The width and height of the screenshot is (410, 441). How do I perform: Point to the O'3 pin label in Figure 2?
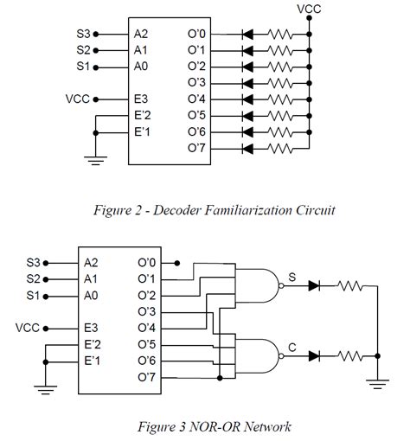click(196, 82)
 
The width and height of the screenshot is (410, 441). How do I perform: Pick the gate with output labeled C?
click(265, 355)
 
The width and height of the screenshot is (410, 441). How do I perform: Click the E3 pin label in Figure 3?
click(91, 328)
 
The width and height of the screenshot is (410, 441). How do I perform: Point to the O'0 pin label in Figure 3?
click(147, 262)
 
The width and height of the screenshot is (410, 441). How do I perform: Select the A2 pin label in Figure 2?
click(141, 33)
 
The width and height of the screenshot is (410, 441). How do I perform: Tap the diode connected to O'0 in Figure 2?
click(247, 33)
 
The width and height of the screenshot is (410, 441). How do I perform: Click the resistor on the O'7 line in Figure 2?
click(279, 148)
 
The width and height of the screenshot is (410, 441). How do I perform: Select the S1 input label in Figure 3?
click(34, 295)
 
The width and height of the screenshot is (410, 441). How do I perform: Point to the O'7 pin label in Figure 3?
click(147, 377)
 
